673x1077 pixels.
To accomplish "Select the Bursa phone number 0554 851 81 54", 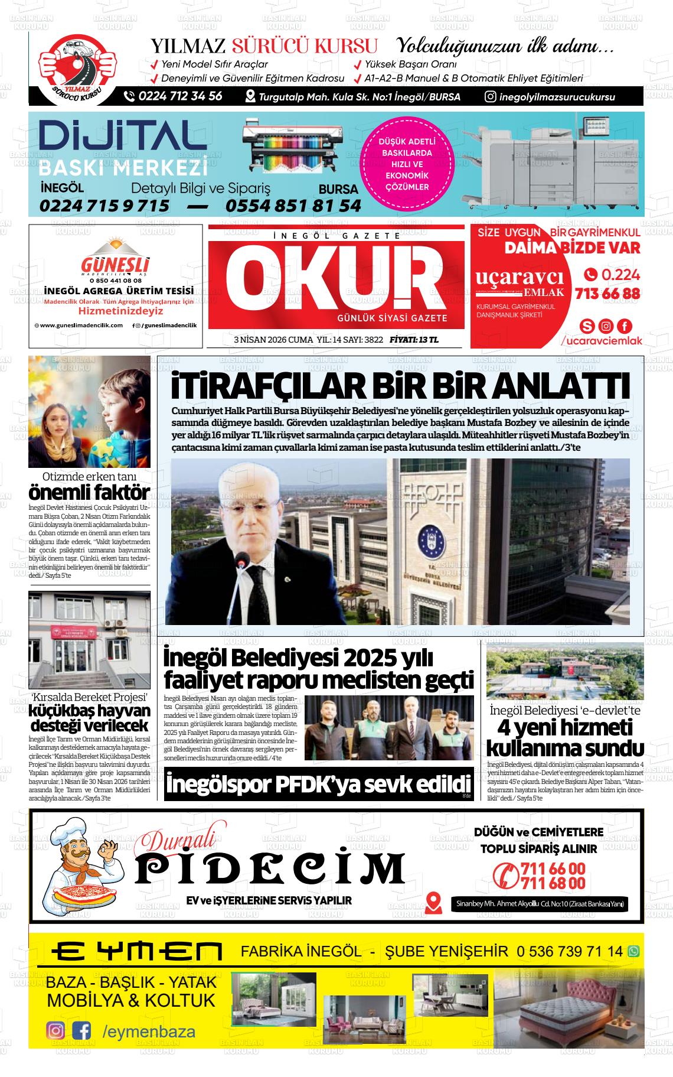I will point(293,205).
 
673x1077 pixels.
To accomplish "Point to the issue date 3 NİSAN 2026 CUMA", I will point(273,340).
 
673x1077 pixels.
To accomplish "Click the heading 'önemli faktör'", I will point(89,492).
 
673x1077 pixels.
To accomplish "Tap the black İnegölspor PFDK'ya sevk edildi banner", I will point(319,785).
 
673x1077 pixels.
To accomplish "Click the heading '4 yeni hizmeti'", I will point(565,727).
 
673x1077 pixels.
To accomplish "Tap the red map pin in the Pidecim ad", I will point(433,901).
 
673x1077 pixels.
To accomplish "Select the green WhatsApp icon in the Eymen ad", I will point(633,951).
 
